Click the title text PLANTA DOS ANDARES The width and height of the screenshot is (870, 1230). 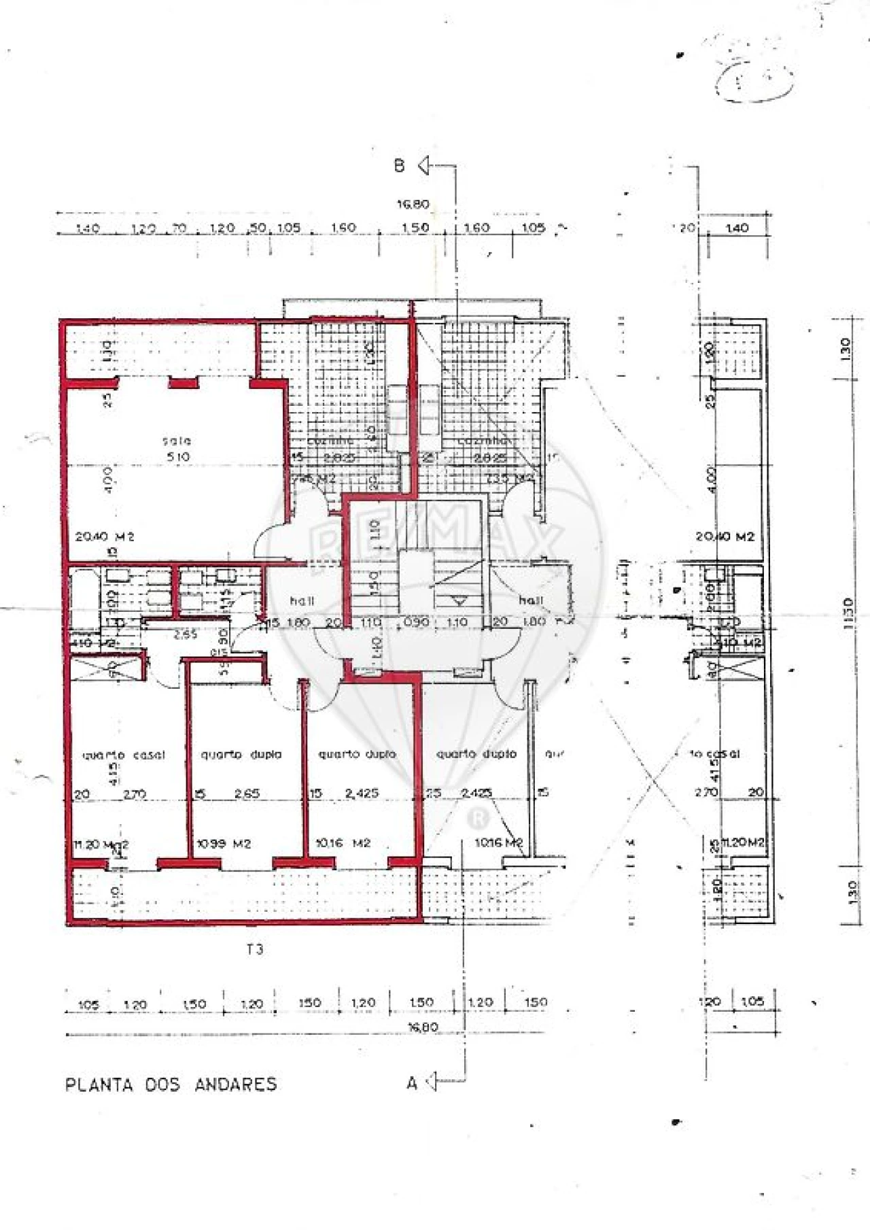(171, 1084)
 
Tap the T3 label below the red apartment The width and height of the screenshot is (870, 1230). (255, 950)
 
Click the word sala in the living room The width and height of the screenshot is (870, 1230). (177, 441)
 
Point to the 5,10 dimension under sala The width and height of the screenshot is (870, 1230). (178, 457)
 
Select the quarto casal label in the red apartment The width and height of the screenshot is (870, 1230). (124, 755)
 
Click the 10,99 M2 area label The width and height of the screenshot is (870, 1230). (224, 844)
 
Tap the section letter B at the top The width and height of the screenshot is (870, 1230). (400, 165)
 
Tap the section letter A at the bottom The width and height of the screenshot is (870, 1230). (412, 1084)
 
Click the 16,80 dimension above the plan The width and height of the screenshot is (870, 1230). (413, 204)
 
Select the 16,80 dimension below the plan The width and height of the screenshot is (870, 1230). (423, 1027)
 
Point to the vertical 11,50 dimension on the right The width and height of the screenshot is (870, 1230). (848, 614)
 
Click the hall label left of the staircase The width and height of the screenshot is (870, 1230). (302, 601)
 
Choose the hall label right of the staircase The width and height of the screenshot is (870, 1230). (531, 600)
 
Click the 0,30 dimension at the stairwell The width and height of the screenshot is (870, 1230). (416, 622)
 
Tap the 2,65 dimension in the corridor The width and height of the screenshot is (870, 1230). (185, 634)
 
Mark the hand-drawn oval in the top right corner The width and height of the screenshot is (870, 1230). (754, 80)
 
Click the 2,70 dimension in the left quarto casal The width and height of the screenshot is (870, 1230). (135, 793)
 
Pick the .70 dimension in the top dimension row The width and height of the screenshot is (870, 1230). (179, 228)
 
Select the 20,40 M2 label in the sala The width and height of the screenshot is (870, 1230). (105, 536)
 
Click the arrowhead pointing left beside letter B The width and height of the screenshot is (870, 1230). (424, 165)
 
